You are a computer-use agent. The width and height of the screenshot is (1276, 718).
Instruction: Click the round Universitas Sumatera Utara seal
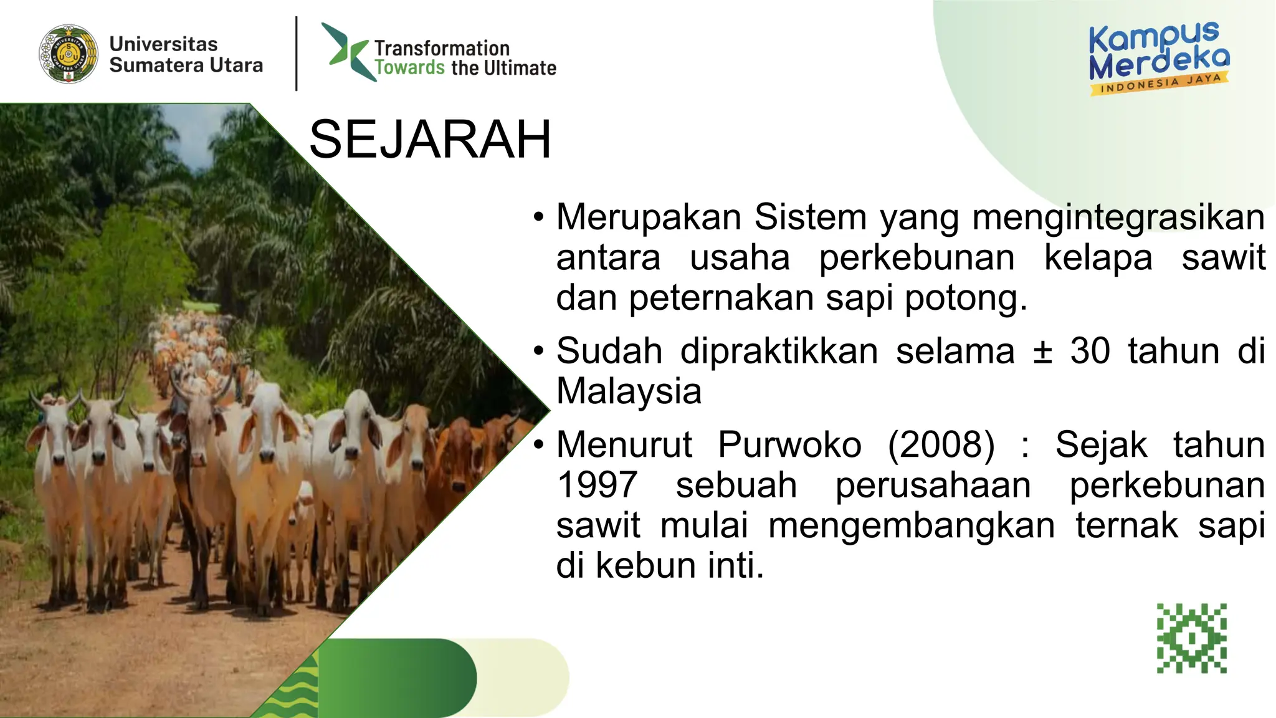(x=69, y=54)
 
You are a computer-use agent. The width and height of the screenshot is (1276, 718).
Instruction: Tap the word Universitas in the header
(x=163, y=44)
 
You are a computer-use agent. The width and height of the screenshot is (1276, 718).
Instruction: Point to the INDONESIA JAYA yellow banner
(x=1159, y=84)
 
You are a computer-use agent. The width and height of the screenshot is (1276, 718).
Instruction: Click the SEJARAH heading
(x=430, y=139)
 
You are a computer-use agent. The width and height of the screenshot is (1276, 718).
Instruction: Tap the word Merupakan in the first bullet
(x=649, y=217)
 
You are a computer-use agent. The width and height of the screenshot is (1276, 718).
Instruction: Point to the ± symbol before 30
(x=1042, y=351)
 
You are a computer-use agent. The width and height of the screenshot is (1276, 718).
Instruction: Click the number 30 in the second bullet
(x=1090, y=351)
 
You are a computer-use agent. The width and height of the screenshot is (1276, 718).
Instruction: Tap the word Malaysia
(x=629, y=391)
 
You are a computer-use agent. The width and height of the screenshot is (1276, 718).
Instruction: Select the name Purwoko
(x=789, y=445)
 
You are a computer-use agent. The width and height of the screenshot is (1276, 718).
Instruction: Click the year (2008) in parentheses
(x=941, y=445)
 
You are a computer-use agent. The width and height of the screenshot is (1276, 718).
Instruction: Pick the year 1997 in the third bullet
(x=597, y=485)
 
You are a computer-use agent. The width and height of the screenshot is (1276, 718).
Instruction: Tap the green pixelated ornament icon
(x=1191, y=638)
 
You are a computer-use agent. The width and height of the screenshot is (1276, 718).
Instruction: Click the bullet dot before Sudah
(x=539, y=351)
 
